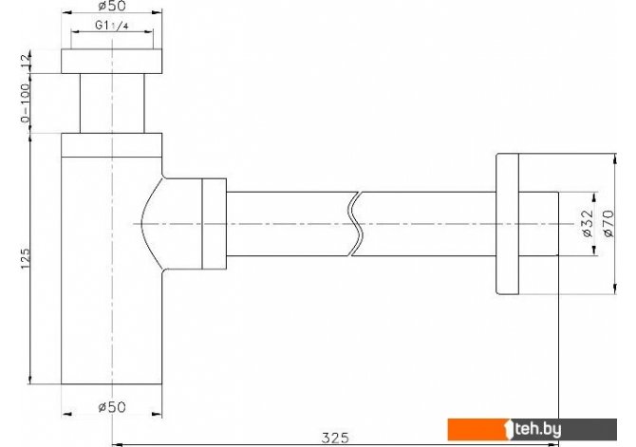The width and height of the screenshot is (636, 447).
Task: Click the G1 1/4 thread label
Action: point(112,25)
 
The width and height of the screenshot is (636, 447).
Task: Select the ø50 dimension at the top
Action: point(112,6)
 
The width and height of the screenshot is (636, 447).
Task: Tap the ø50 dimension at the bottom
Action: point(112,406)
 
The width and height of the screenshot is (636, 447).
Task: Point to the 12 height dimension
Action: point(26,62)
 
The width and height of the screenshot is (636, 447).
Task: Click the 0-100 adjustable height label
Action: point(26,103)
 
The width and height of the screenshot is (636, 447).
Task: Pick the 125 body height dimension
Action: point(26,258)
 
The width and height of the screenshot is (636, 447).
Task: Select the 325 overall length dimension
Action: point(335,438)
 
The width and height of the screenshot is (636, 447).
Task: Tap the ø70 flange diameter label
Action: point(608,223)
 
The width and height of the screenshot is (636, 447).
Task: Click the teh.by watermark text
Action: point(538,429)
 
